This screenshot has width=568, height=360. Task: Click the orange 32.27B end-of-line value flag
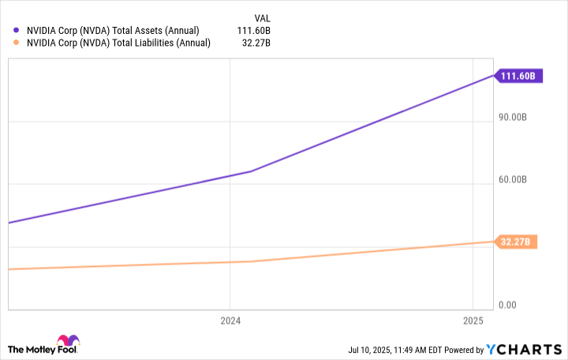(518, 242)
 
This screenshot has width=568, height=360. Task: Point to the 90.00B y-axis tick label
(519, 118)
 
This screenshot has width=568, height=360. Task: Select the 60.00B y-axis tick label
(519, 180)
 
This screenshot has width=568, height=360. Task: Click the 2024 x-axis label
(230, 321)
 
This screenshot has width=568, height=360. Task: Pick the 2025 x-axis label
(472, 321)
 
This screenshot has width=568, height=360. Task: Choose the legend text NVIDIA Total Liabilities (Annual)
(118, 43)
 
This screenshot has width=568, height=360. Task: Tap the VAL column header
(262, 17)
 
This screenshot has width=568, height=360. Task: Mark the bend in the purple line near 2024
(252, 171)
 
